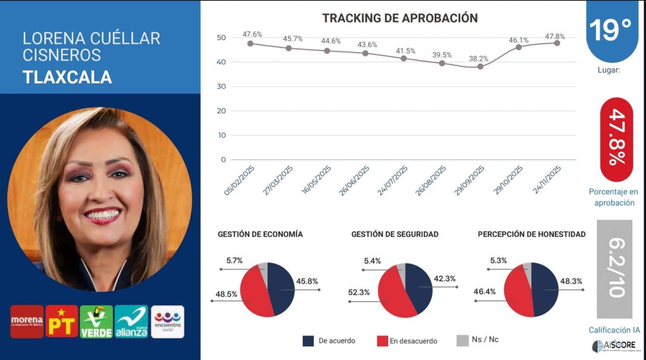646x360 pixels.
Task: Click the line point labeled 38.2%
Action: [x=480, y=66]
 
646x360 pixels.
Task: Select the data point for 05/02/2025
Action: [x=250, y=43]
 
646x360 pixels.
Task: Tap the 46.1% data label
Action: [x=519, y=40]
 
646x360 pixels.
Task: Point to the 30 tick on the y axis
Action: [x=221, y=87]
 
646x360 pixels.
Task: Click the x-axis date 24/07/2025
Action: [x=393, y=181]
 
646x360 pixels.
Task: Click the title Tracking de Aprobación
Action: [x=400, y=18]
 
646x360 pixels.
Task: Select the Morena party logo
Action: [x=27, y=322]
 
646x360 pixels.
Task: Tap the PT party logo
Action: [x=62, y=322]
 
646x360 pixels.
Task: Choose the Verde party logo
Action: [x=96, y=322]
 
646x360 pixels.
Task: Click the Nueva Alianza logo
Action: [x=131, y=322]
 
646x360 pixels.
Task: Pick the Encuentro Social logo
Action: [x=168, y=322]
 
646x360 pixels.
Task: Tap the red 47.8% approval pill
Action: [x=616, y=139]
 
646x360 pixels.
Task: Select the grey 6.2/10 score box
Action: [x=615, y=269]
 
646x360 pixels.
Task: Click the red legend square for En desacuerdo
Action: [x=382, y=341]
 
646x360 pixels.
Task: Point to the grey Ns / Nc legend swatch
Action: [x=462, y=340]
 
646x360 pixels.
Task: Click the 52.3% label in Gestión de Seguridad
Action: [x=359, y=292]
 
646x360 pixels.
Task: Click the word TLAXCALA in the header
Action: [x=67, y=78]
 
